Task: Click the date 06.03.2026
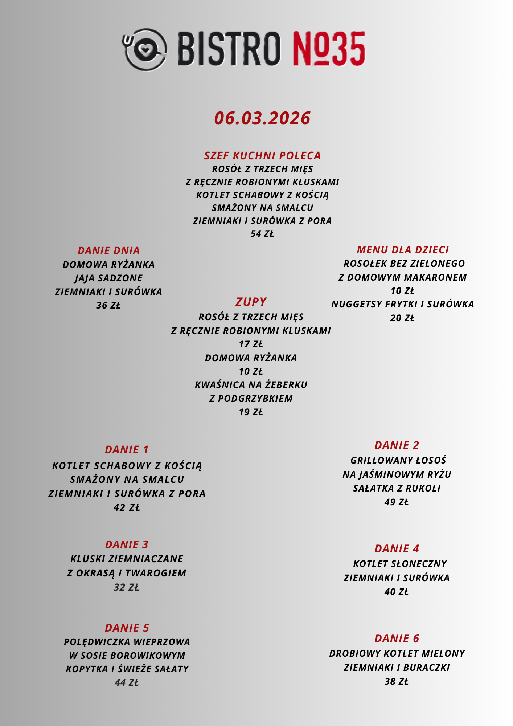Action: (x=262, y=118)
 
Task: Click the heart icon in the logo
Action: (x=145, y=49)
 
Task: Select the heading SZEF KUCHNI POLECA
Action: (x=262, y=156)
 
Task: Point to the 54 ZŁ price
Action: (x=262, y=234)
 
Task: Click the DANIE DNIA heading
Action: (x=108, y=250)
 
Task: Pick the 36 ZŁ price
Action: (x=108, y=306)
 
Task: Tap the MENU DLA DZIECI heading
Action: (x=403, y=250)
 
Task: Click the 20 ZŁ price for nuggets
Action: (x=402, y=318)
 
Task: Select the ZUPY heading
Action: (x=251, y=302)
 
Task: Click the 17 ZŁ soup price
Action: (x=251, y=344)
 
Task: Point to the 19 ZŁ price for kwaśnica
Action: (x=251, y=412)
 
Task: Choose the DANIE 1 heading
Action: (x=127, y=450)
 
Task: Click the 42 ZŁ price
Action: (x=127, y=507)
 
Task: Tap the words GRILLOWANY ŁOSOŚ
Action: (x=398, y=460)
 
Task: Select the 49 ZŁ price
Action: (x=397, y=502)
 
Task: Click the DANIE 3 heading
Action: (x=127, y=544)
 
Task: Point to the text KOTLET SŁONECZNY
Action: (x=400, y=564)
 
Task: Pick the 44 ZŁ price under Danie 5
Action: (x=127, y=683)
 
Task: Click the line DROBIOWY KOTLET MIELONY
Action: (x=397, y=653)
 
